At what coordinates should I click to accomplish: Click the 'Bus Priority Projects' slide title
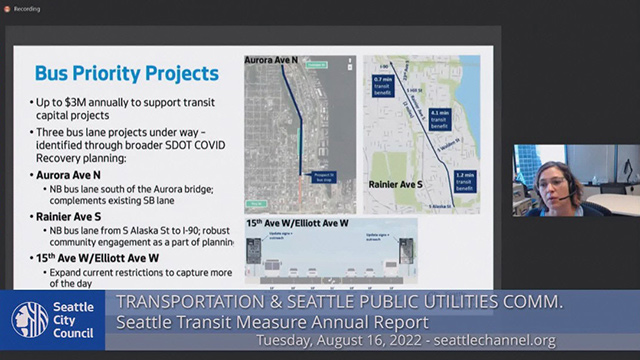pyautogui.click(x=126, y=73)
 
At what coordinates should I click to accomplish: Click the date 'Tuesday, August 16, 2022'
pyautogui.click(x=336, y=341)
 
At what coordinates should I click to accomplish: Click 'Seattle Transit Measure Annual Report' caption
pyautogui.click(x=273, y=322)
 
